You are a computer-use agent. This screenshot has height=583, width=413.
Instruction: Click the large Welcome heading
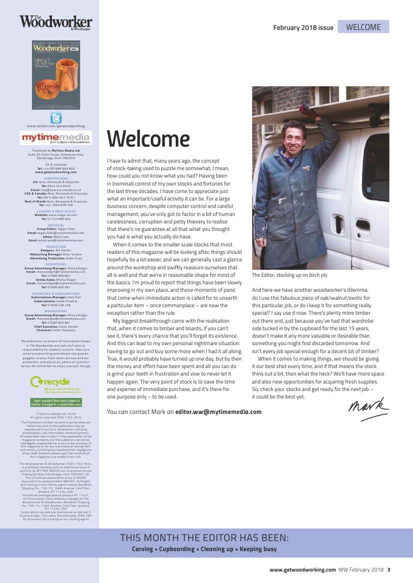pyautogui.click(x=148, y=139)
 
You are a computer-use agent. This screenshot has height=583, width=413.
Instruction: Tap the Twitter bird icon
pyautogui.click(x=56, y=118)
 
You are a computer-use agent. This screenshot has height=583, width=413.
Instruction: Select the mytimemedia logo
pyautogui.click(x=56, y=138)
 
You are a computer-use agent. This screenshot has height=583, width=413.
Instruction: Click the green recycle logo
pyautogui.click(x=50, y=382)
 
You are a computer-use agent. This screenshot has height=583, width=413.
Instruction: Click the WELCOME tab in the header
pyautogui.click(x=363, y=27)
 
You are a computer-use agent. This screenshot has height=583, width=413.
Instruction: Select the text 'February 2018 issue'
pyautogui.click(x=303, y=28)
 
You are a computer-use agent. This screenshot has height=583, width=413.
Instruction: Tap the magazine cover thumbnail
pyautogui.click(x=56, y=75)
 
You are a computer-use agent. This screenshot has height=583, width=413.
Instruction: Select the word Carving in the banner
pyautogui.click(x=142, y=549)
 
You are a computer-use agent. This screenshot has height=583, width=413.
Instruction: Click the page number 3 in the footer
pyautogui.click(x=389, y=570)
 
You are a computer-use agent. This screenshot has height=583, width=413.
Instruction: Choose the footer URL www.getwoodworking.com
pyautogui.click(x=303, y=570)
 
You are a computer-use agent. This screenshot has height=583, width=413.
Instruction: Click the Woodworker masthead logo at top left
pyautogui.click(x=56, y=22)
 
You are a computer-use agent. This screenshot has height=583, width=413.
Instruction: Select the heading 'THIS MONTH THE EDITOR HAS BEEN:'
pyautogui.click(x=204, y=538)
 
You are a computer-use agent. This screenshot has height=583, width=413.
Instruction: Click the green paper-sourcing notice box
pyautogui.click(x=56, y=402)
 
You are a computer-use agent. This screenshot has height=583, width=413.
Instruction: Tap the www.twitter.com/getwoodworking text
pyautogui.click(x=56, y=126)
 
